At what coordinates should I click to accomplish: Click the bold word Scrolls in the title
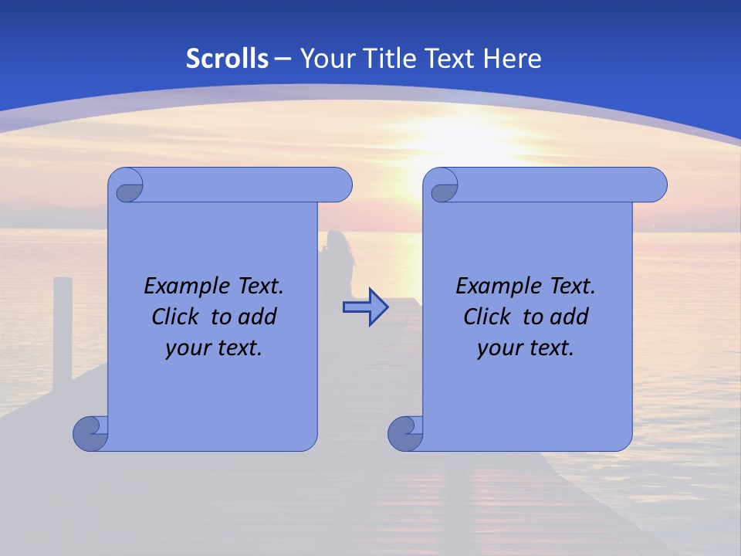[228, 58]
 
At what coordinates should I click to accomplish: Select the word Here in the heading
[513, 58]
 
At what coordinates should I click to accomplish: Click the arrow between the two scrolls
[365, 307]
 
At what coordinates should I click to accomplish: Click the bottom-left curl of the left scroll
[91, 432]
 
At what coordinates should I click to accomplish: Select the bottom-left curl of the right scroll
[406, 432]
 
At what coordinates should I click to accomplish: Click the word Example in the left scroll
[182, 286]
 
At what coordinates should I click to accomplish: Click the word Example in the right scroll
[494, 286]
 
